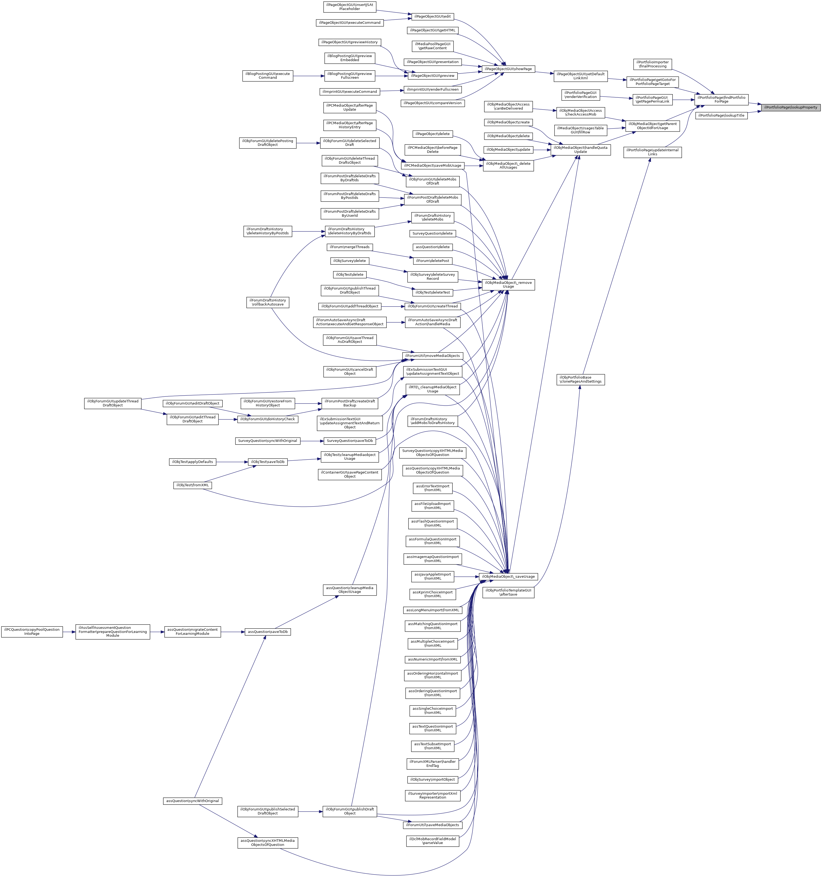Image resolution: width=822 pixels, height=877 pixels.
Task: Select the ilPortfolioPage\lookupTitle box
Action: pyautogui.click(x=721, y=116)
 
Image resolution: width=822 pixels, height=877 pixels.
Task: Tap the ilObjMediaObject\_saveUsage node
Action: pyautogui.click(x=508, y=577)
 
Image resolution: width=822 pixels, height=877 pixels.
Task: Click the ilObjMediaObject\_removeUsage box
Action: pyautogui.click(x=508, y=285)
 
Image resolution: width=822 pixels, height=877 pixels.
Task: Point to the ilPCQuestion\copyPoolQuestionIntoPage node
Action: pyautogui.click(x=32, y=632)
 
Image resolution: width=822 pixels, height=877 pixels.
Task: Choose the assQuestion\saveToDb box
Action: pyautogui.click(x=267, y=632)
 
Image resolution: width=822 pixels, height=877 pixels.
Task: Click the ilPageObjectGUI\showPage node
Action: pyautogui.click(x=508, y=69)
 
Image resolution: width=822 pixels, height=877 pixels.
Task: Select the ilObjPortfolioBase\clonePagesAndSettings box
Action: pyautogui.click(x=581, y=379)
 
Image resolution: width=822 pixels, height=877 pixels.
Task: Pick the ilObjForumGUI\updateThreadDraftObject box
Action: pyautogui.click(x=113, y=403)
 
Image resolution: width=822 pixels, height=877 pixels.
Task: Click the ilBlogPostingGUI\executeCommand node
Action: pyautogui.click(x=267, y=76)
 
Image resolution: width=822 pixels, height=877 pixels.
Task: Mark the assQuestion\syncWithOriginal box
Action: pyautogui.click(x=193, y=801)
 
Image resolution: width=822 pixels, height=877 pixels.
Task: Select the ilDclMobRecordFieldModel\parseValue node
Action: pyautogui.click(x=432, y=841)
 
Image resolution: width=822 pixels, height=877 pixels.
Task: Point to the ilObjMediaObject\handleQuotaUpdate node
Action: pyautogui.click(x=581, y=150)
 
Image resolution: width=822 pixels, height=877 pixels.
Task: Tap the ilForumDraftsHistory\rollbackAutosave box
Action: pyautogui.click(x=267, y=302)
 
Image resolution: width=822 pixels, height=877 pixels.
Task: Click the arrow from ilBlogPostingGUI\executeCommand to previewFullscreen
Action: pyautogui.click(x=309, y=76)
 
